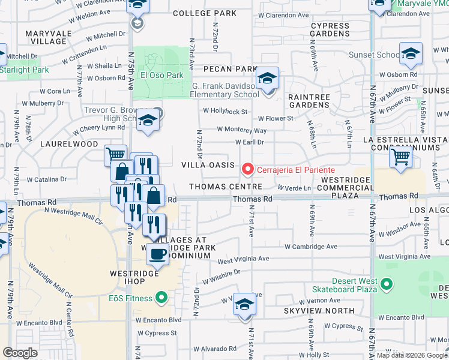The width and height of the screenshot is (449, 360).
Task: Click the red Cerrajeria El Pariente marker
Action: point(247,170)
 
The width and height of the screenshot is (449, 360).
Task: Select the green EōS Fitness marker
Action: point(161,296)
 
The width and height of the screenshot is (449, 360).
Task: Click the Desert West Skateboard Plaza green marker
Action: point(387,283)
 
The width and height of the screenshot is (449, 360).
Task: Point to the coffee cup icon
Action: point(158,253)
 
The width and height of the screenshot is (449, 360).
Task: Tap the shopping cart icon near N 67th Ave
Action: point(400,158)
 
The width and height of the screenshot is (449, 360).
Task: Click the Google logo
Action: point(20,352)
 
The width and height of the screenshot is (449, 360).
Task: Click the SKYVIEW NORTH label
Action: point(311,311)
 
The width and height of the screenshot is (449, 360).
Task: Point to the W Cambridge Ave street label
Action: point(311,247)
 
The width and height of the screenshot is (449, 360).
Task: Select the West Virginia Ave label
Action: point(243,259)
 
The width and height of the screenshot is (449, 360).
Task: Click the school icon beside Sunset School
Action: point(411,55)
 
